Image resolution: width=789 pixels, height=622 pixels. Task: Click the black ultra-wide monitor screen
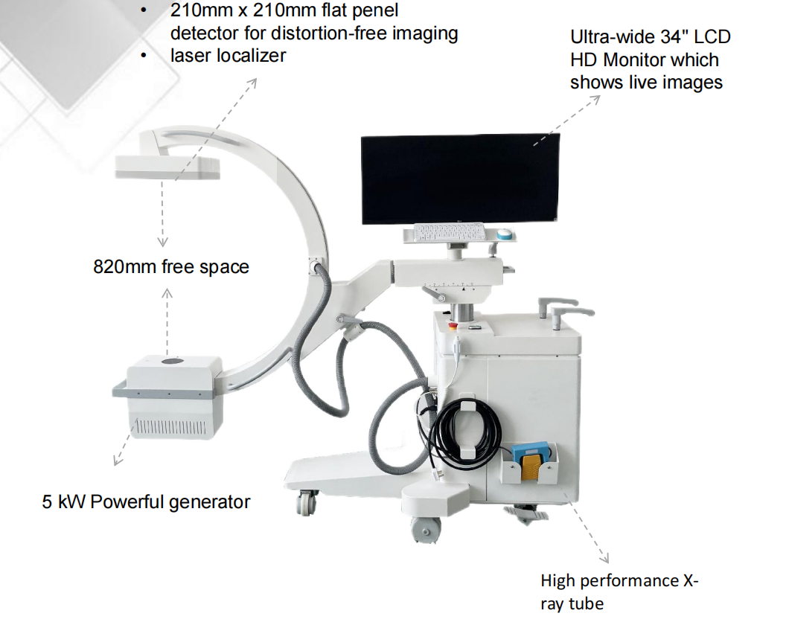click(457, 179)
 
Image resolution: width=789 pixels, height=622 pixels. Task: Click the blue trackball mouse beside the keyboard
click(506, 233)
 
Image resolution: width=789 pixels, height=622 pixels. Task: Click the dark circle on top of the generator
click(173, 362)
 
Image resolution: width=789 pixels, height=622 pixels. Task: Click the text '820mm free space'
click(171, 266)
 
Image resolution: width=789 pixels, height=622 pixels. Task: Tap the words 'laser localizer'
click(228, 56)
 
